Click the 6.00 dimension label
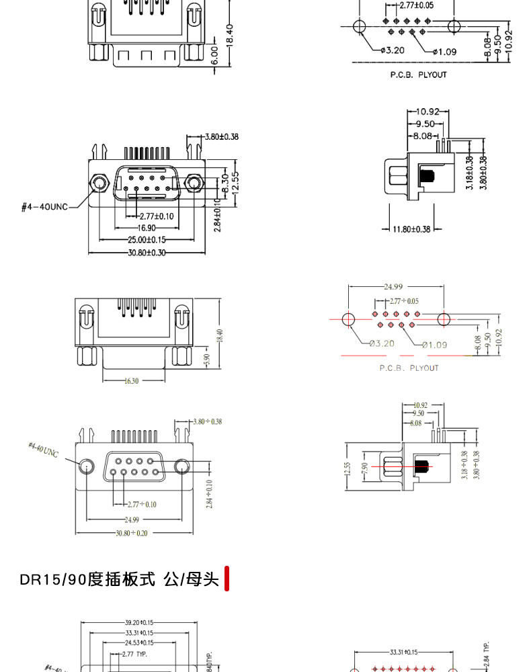coord(215,54)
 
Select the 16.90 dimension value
coord(138,228)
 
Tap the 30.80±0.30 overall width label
coord(147,253)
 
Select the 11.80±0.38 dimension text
coord(411,229)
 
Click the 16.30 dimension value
coord(131,381)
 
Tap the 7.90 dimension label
coord(365,467)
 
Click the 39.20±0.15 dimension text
coord(139,622)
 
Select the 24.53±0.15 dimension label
coord(139,643)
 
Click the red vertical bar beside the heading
coord(227,579)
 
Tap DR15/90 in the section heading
coord(53,579)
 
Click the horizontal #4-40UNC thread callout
coord(44,207)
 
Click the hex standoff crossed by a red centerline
coord(393,466)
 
